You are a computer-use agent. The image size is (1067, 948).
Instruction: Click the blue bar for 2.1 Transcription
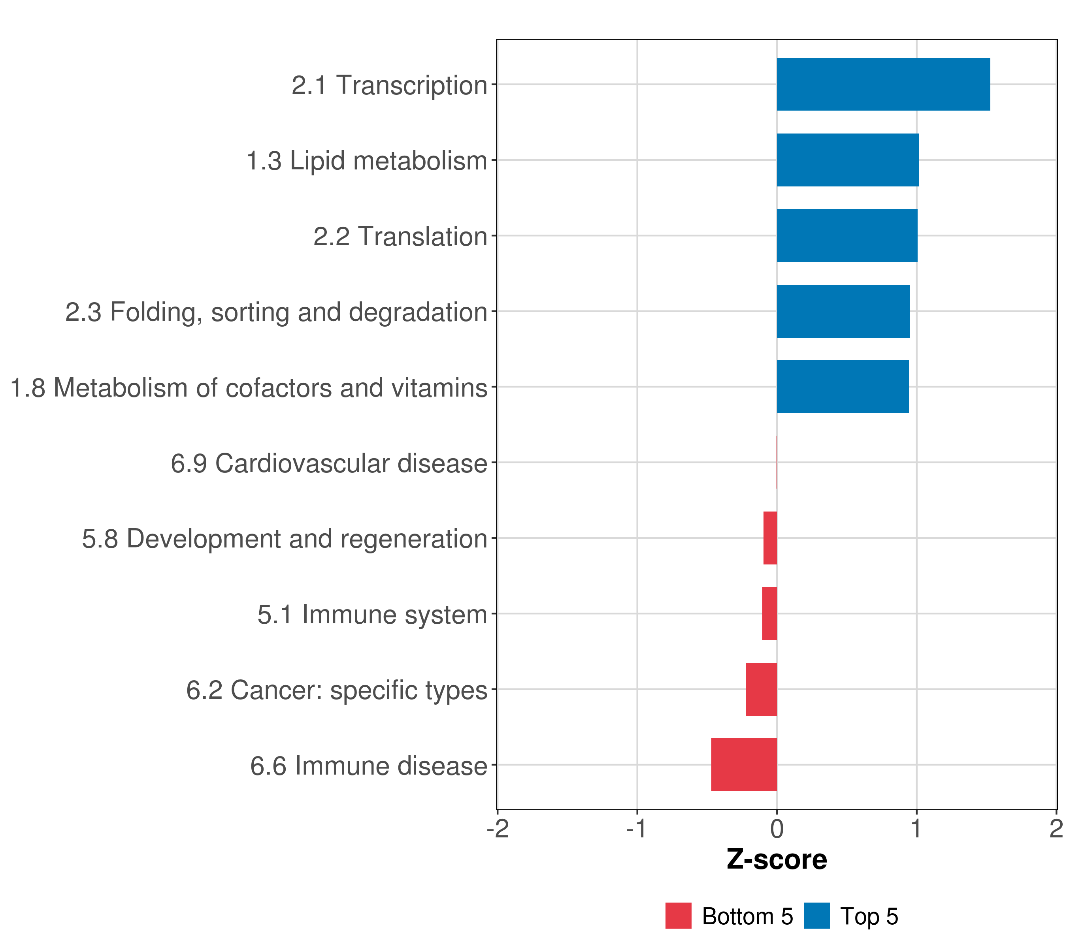[883, 84]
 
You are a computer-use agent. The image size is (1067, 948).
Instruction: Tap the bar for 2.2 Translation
[847, 235]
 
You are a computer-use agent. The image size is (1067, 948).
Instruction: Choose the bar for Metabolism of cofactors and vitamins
[842, 387]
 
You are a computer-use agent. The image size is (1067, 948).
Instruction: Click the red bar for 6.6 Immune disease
[744, 764]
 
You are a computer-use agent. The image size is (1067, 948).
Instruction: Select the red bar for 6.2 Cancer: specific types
[761, 689]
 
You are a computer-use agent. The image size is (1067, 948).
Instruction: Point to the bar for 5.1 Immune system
[769, 613]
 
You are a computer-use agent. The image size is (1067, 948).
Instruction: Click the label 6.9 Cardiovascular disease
[329, 463]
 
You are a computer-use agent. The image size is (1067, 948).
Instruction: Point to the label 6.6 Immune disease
[369, 766]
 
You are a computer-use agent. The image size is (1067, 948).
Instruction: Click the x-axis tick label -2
[498, 829]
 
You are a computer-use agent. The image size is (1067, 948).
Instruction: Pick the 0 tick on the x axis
[777, 829]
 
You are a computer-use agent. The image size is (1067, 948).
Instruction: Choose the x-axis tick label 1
[916, 829]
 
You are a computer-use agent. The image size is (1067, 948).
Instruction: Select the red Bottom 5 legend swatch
[678, 916]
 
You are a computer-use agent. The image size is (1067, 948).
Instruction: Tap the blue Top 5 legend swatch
[816, 916]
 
